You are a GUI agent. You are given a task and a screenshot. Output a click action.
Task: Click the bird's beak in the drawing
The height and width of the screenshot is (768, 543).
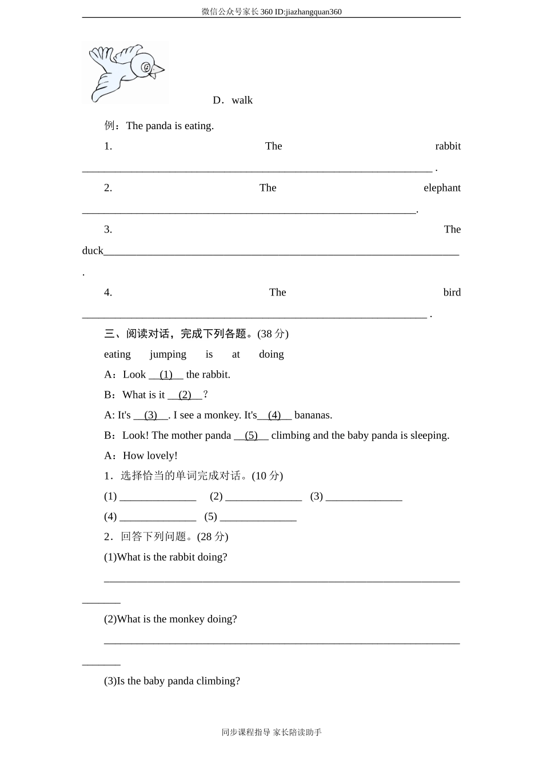159,70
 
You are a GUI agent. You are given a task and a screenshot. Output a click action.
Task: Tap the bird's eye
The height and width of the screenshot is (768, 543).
146,67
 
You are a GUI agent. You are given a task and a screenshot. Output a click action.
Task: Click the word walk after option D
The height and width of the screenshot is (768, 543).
242,101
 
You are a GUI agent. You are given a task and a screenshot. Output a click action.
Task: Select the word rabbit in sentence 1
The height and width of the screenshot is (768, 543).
448,146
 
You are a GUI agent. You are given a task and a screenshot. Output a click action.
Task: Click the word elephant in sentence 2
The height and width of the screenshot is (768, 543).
442,188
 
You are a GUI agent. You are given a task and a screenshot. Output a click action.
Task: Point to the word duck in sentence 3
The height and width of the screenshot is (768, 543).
93,251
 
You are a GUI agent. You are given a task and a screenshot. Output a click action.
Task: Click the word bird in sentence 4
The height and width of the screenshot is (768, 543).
452,293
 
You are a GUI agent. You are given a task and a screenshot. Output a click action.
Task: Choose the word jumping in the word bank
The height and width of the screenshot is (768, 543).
168,354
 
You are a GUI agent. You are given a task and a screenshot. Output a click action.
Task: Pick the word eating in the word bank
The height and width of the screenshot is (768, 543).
117,354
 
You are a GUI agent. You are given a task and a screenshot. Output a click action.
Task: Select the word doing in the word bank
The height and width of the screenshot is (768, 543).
271,354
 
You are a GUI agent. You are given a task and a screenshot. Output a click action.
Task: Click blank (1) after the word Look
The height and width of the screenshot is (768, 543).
166,375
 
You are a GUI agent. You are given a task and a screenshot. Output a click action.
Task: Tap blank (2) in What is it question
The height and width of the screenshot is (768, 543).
185,395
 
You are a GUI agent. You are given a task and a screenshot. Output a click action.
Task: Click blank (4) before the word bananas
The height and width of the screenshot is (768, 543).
274,415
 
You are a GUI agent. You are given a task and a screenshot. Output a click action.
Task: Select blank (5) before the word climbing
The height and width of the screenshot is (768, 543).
251,435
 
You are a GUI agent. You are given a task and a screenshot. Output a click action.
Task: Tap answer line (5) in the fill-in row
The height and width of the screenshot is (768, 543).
258,517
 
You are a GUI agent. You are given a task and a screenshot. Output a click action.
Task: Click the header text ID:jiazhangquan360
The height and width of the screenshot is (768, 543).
308,11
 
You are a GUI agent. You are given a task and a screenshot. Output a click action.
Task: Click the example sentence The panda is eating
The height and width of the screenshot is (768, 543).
170,126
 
